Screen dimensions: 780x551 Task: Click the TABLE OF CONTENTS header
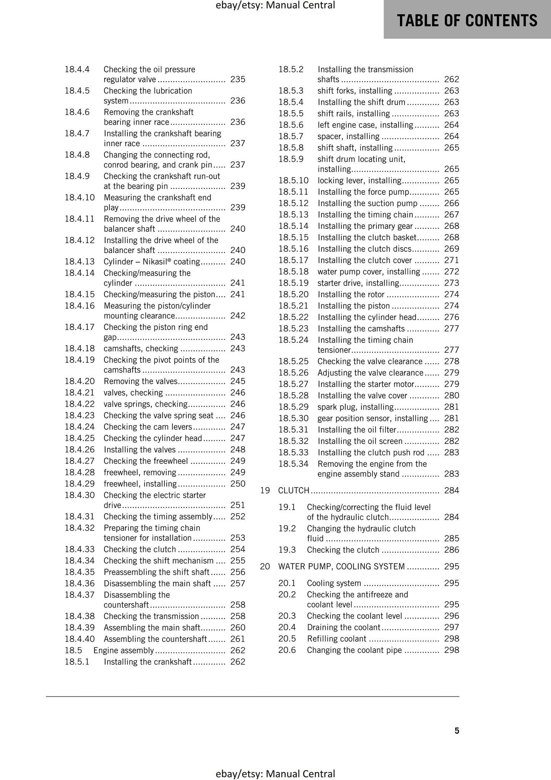click(467, 20)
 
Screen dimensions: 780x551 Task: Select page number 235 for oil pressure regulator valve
click(238, 79)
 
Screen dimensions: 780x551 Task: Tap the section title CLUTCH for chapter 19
click(294, 491)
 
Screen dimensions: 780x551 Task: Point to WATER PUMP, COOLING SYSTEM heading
click(341, 566)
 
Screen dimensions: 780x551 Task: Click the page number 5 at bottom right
click(457, 730)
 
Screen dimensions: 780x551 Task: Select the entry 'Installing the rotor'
click(351, 294)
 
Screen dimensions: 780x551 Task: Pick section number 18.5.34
click(293, 464)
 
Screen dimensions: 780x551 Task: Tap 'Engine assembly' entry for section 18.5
click(124, 650)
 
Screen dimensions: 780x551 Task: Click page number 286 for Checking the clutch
click(451, 550)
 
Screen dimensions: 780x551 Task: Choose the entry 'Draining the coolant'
click(344, 627)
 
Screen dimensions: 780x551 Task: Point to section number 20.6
click(287, 650)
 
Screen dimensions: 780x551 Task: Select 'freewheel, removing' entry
click(140, 473)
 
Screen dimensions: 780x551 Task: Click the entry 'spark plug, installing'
click(355, 407)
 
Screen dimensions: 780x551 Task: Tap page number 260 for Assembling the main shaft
click(238, 627)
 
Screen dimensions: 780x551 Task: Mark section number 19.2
click(287, 529)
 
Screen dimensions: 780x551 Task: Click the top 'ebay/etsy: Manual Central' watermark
click(275, 5)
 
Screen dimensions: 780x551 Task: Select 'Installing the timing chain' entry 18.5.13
click(365, 215)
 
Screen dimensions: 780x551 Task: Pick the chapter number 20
click(265, 566)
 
